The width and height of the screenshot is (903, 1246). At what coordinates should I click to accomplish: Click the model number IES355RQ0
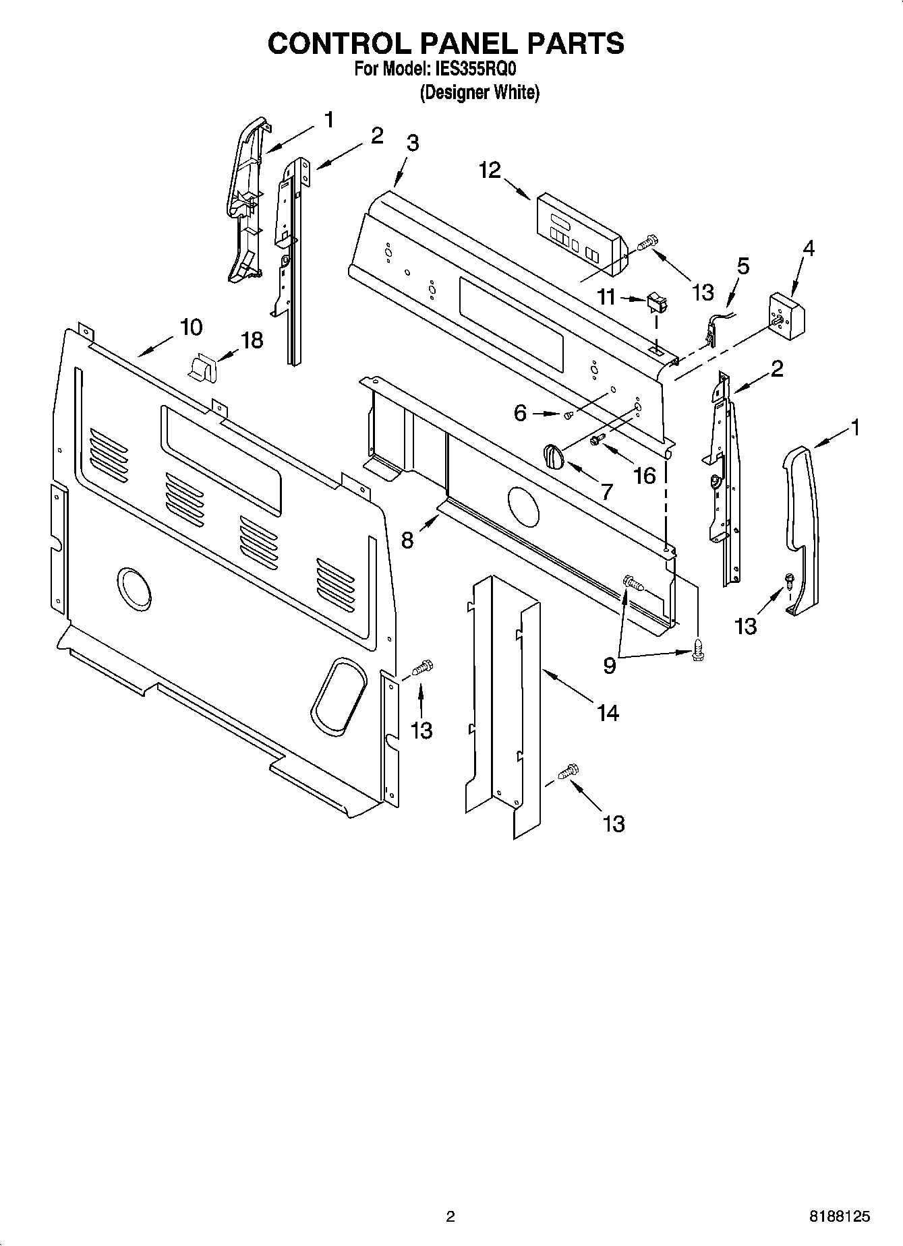click(477, 69)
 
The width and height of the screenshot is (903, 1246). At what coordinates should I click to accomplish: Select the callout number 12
click(490, 170)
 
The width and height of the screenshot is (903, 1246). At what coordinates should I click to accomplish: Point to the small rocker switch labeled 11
click(655, 303)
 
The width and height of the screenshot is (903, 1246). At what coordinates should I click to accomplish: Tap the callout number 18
click(252, 340)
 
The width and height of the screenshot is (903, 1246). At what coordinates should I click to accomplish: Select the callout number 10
click(191, 328)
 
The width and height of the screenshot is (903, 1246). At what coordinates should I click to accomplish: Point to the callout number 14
click(608, 712)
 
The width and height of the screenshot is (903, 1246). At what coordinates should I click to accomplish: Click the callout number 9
click(609, 666)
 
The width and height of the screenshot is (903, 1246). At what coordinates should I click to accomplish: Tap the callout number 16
click(645, 476)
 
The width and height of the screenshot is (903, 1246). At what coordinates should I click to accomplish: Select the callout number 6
click(519, 412)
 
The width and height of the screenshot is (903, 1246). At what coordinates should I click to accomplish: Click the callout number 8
click(407, 540)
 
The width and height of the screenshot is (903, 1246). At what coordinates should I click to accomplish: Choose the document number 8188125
click(839, 1216)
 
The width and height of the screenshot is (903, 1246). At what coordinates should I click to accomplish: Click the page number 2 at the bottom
click(450, 1216)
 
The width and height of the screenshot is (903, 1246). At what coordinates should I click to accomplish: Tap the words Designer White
click(479, 92)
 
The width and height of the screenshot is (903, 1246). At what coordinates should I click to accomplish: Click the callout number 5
click(742, 266)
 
